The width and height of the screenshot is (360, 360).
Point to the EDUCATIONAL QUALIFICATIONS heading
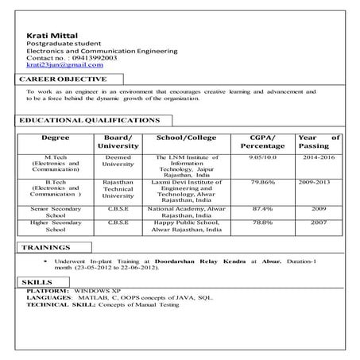(x=88, y=120)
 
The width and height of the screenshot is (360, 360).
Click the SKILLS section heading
(x=37, y=282)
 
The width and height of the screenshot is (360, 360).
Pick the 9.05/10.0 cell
(x=262, y=158)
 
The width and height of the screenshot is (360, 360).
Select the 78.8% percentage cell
(x=262, y=223)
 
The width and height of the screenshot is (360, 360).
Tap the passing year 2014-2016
(x=319, y=158)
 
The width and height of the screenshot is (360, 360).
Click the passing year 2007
(x=319, y=223)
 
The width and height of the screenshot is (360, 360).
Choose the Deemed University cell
(x=118, y=161)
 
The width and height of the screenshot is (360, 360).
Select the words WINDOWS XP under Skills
(x=95, y=291)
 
